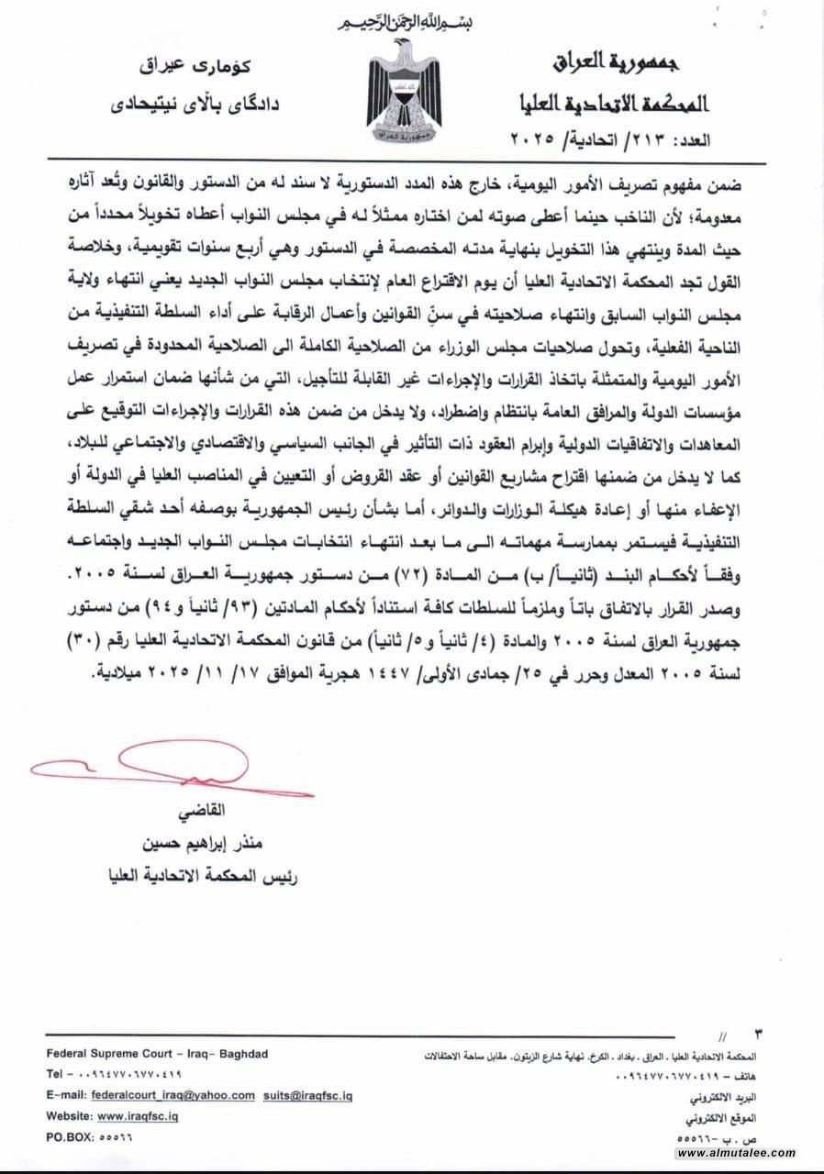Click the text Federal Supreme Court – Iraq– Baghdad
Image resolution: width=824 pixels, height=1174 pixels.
[x=157, y=1054]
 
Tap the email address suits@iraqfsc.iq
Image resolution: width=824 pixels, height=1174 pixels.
[x=307, y=1095]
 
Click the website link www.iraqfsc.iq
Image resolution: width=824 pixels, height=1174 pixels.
[x=138, y=1116]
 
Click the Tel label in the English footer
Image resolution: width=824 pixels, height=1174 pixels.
[x=56, y=1074]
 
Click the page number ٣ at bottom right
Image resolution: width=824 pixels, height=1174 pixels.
[x=757, y=1036]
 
